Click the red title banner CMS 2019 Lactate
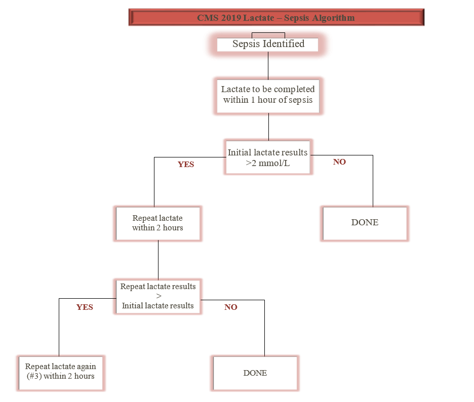276,18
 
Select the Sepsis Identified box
268,44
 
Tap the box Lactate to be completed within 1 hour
268,95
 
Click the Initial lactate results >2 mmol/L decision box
268,157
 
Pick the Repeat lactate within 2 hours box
158,223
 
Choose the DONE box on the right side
365,223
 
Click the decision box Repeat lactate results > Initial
158,296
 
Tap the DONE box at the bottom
255,373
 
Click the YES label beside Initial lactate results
186,165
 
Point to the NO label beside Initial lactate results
339,163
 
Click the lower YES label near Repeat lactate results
85,307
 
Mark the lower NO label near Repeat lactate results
231,307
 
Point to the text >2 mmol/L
268,164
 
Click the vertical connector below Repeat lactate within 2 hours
158,260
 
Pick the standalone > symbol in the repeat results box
158,296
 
